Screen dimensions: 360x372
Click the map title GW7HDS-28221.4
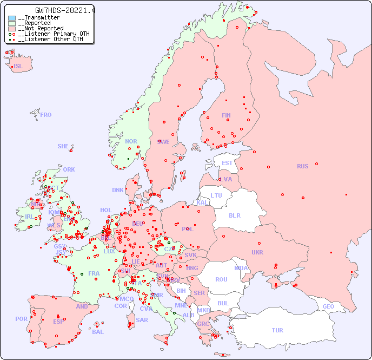coord(65,10)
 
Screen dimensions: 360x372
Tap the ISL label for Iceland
coord(18,67)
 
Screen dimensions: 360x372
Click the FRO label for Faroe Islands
coord(46,115)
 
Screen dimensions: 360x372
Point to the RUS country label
coord(302,166)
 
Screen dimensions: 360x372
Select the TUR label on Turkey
coord(277,330)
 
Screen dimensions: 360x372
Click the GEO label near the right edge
coord(328,306)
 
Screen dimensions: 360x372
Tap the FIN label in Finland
coord(226,115)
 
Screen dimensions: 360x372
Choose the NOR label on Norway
coord(131,141)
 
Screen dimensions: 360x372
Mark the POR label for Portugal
coord(21,319)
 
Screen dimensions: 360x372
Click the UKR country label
coord(257,252)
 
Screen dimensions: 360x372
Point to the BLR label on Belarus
coord(235,215)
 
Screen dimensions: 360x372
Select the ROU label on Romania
coord(221,279)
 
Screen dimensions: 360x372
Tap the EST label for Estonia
coord(227,163)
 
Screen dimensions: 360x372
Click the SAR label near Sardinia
coord(142,320)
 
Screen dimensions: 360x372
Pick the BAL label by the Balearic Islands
coord(98,332)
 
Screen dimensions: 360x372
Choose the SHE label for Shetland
coord(63,146)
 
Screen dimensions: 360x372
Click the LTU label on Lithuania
coord(216,195)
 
